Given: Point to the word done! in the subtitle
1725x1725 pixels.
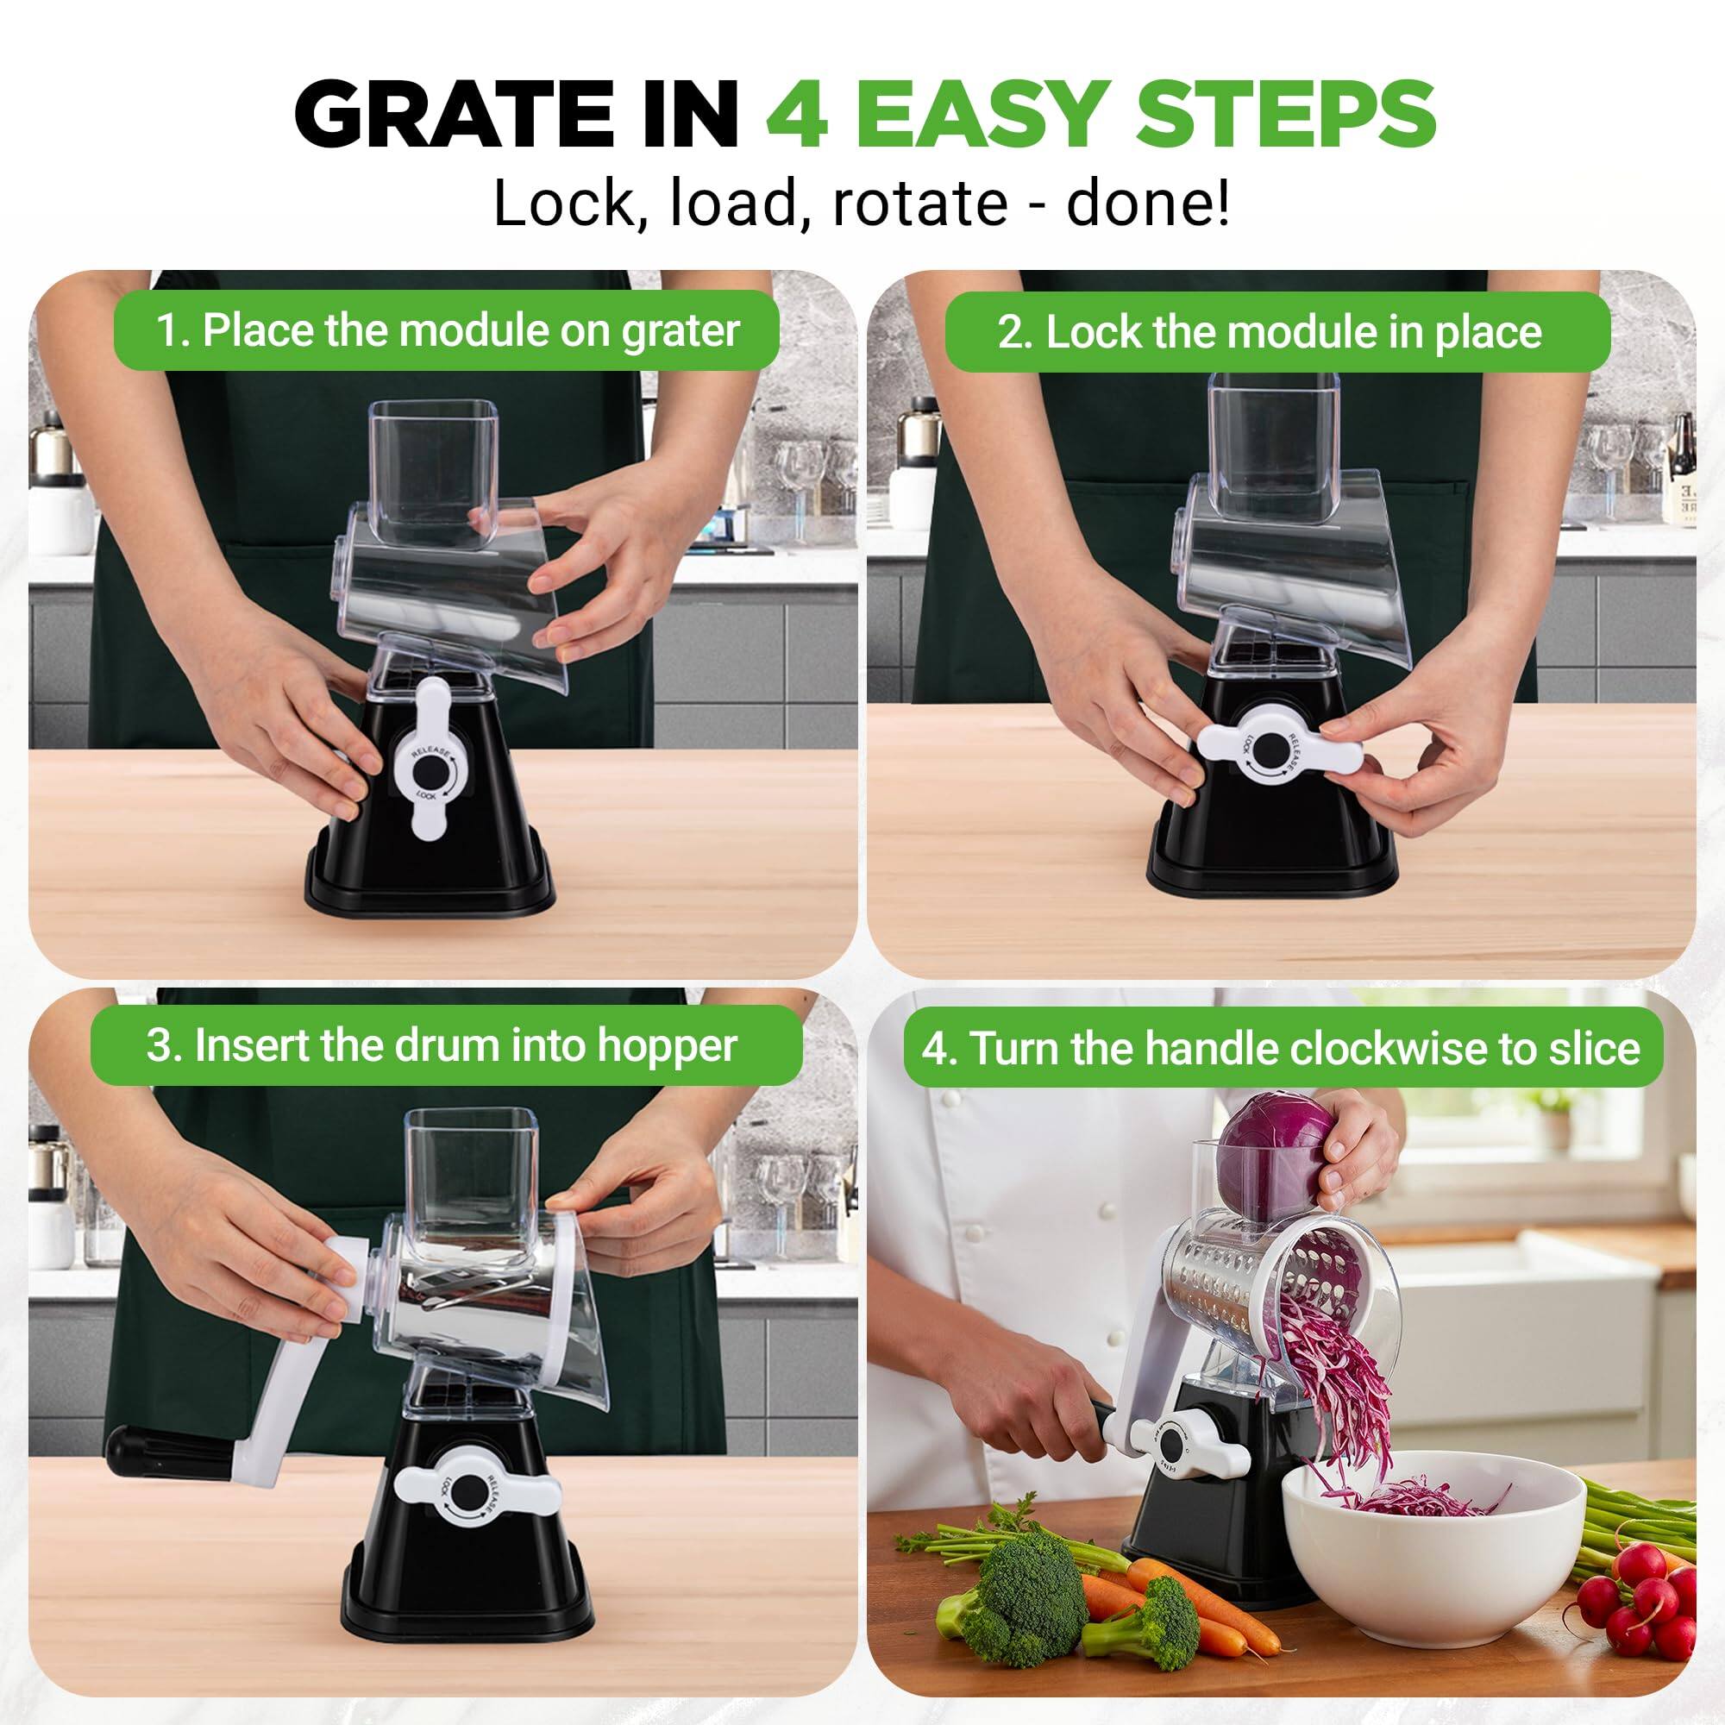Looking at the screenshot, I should [x=1147, y=204].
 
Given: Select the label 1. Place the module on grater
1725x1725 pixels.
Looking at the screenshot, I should [x=447, y=330].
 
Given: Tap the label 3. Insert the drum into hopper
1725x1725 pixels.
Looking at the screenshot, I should [x=441, y=1044].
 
